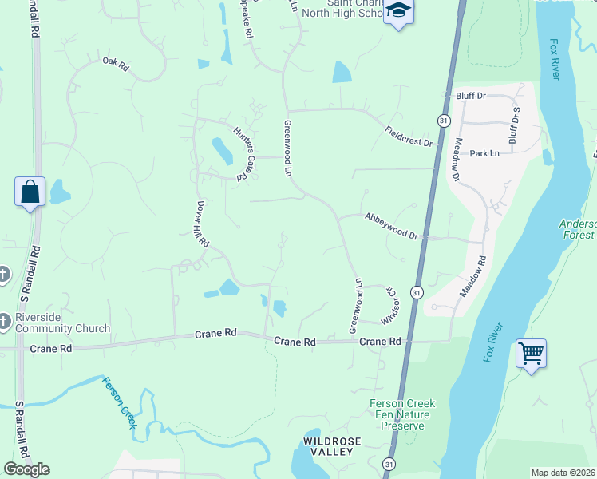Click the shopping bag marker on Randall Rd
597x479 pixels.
point(30,192)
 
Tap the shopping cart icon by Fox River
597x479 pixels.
point(531,352)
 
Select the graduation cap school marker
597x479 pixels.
point(398,12)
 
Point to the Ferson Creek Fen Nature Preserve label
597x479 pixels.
point(400,414)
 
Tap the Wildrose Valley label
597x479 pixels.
point(332,446)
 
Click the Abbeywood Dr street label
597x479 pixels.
point(391,225)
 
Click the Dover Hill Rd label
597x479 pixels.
point(203,224)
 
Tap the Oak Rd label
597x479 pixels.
point(115,65)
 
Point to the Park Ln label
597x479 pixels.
point(484,153)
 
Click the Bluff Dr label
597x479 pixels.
point(471,96)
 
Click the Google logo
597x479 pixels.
point(26,469)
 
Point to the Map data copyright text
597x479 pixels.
point(563,473)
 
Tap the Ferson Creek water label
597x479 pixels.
point(117,402)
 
